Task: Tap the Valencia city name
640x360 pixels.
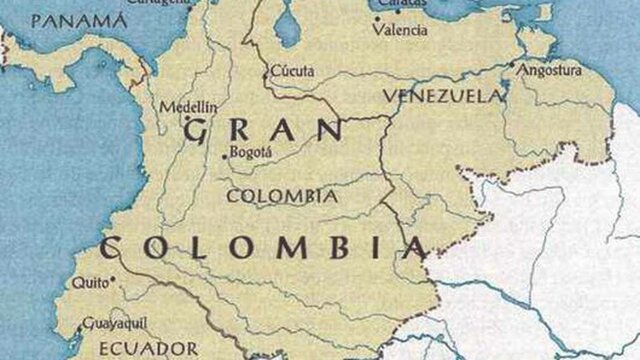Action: [x=399, y=30]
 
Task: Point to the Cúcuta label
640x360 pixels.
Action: [x=292, y=71]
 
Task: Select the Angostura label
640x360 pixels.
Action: [x=549, y=71]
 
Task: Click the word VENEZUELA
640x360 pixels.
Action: [x=441, y=96]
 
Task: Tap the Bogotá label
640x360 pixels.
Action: [x=251, y=152]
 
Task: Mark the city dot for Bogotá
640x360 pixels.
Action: [x=223, y=156]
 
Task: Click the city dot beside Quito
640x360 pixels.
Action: [x=113, y=281]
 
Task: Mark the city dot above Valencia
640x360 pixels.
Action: [x=377, y=18]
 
